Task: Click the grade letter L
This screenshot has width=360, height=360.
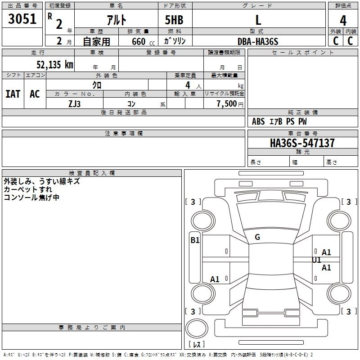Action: pyautogui.click(x=258, y=20)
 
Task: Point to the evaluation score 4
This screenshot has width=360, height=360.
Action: pyautogui.click(x=343, y=21)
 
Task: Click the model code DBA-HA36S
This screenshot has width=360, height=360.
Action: pyautogui.click(x=258, y=41)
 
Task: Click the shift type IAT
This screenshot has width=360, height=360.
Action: pyautogui.click(x=13, y=94)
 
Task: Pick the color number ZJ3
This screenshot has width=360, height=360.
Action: pyautogui.click(x=75, y=103)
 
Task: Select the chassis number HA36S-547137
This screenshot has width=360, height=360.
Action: pyautogui.click(x=302, y=143)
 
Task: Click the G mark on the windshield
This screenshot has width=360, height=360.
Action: pyautogui.click(x=257, y=237)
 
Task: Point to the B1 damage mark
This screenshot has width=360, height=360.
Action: pyautogui.click(x=195, y=240)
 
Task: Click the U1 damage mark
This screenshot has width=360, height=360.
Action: pyautogui.click(x=316, y=260)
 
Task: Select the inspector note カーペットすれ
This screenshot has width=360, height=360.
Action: pyautogui.click(x=28, y=189)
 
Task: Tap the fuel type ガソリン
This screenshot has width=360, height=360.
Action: pyautogui.click(x=175, y=41)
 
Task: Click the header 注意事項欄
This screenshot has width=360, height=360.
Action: pyautogui.click(x=123, y=134)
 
